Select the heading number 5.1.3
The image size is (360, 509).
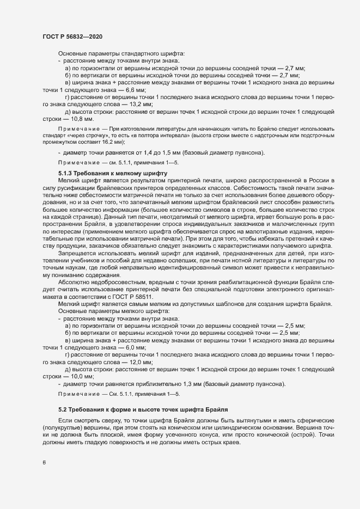pos(68,172)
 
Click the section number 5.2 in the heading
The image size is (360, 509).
pos(63,409)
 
